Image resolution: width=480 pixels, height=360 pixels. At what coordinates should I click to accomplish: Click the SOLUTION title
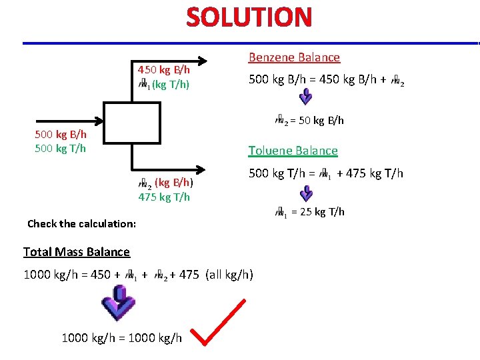(x=249, y=17)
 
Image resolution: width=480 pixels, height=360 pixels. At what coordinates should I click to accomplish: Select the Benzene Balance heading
(x=294, y=57)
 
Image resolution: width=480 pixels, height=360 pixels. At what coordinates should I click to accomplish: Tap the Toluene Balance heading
(x=293, y=151)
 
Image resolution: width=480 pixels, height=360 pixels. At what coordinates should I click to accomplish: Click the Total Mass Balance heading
(x=77, y=251)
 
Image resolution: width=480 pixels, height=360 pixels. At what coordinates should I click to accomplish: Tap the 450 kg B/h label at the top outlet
(x=164, y=70)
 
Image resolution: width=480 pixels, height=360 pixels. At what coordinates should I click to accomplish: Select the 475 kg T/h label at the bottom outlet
(x=164, y=196)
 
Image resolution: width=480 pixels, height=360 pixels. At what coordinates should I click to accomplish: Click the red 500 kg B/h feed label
(x=60, y=135)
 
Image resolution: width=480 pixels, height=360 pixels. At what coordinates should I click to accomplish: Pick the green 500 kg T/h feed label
(x=60, y=148)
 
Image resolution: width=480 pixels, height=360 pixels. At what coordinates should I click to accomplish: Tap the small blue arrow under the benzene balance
(x=305, y=97)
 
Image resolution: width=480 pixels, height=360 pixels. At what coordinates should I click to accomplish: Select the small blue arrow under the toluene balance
(x=305, y=193)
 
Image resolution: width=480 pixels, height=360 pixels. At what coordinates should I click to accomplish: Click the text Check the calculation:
(x=81, y=223)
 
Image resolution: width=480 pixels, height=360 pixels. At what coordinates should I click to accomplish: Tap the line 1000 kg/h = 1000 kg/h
(x=121, y=338)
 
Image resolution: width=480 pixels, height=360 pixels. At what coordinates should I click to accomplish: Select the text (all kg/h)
(x=229, y=274)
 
